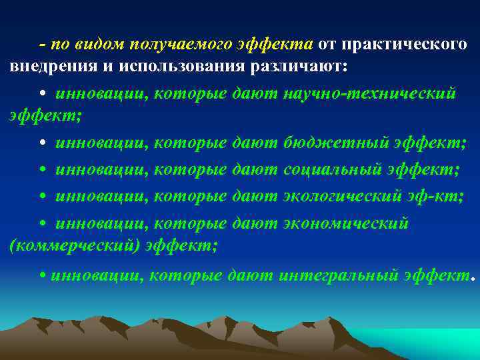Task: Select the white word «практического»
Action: pos(403,44)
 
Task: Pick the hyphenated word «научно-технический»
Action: pos(369,93)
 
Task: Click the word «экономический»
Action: pos(345,223)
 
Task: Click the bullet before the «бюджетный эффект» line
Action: pos(42,143)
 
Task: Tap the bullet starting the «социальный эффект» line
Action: pos(42,170)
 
